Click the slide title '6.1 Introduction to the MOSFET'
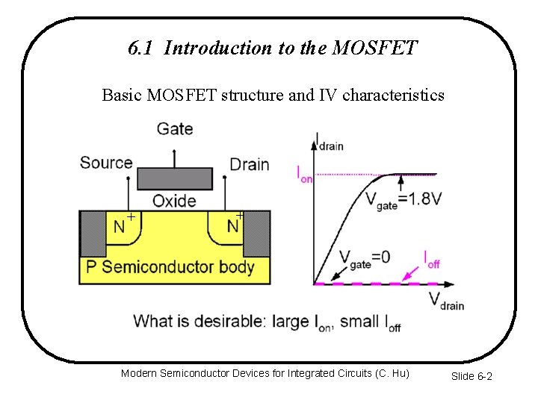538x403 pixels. point(273,49)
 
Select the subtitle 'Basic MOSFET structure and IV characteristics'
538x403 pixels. point(273,96)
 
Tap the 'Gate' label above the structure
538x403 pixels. point(175,129)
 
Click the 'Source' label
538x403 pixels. point(106,163)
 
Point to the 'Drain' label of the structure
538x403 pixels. point(249,164)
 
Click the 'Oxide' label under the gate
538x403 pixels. point(174,201)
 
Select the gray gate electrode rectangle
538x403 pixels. point(175,179)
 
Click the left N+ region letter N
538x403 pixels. point(119,227)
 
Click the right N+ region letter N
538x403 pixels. point(232,227)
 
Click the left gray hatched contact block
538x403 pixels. point(93,234)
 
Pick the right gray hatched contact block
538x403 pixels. point(257,234)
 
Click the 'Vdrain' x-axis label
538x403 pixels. point(446,301)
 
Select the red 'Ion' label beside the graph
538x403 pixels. point(305,175)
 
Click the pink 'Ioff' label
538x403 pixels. point(432,259)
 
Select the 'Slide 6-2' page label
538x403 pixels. point(471,376)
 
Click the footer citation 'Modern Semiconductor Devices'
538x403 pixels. point(265,372)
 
